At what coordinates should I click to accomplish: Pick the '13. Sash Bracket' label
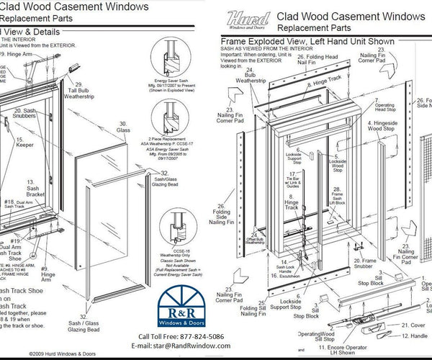click(32, 189)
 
